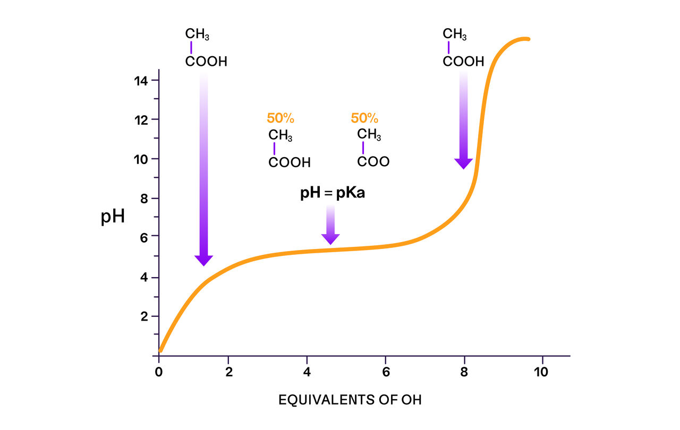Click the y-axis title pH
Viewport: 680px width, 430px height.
(113, 217)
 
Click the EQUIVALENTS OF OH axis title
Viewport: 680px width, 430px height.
(350, 400)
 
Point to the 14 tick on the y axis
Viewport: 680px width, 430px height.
(142, 81)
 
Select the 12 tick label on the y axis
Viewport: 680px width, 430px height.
(142, 119)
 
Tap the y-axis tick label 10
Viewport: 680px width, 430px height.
(142, 159)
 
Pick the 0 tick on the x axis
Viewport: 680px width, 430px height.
(159, 372)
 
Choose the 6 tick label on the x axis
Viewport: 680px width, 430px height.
(386, 372)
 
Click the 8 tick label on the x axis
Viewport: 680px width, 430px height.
(464, 372)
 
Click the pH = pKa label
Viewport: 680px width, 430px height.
(333, 193)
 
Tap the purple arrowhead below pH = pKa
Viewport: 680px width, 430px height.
(330, 239)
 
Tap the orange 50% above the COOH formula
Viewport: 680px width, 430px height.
(280, 118)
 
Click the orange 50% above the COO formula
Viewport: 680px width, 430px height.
(364, 118)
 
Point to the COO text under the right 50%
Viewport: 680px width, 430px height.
(373, 162)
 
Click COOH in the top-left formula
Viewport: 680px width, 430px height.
(206, 62)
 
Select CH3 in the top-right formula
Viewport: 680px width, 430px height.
(455, 35)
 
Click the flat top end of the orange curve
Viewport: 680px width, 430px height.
(525, 39)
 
